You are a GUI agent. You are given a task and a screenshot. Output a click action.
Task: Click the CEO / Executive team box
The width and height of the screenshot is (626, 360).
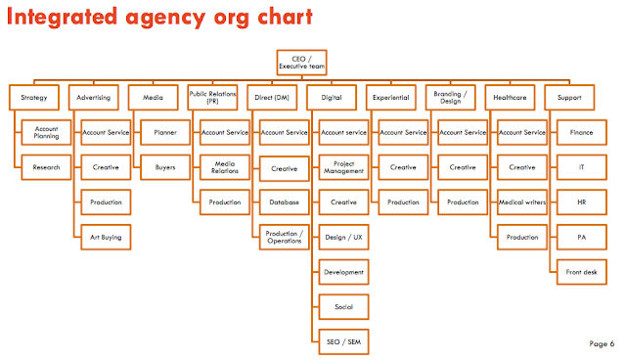[x=302, y=63]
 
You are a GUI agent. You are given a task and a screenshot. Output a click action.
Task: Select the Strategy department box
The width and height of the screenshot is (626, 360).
[x=34, y=98]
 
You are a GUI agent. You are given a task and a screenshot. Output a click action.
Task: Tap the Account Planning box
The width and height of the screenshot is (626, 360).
[x=46, y=132]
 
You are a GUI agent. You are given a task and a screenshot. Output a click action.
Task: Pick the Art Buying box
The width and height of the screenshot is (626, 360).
[x=106, y=237]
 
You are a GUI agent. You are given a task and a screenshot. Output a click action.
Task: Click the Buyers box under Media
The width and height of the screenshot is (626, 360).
[x=165, y=167]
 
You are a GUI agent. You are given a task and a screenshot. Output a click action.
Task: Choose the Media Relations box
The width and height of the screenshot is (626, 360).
[x=225, y=167]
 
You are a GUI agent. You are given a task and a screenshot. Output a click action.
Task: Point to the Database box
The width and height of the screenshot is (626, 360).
[x=285, y=202]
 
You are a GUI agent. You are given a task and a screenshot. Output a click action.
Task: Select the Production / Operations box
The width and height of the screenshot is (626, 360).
[x=285, y=237]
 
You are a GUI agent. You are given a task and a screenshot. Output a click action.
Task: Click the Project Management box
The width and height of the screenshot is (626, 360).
[x=343, y=167]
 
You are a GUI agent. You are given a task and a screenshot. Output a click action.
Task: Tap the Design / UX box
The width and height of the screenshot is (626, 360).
[x=343, y=237]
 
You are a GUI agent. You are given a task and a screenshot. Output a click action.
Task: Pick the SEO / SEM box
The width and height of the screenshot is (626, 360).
[x=343, y=342]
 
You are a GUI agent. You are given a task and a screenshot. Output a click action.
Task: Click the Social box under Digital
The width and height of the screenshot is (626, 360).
[x=343, y=307]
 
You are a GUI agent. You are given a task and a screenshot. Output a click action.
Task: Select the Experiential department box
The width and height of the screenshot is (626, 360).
[x=391, y=98]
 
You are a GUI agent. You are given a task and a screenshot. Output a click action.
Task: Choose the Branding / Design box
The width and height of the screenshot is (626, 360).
[x=450, y=98]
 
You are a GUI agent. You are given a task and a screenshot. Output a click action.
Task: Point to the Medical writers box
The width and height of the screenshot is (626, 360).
[x=522, y=202]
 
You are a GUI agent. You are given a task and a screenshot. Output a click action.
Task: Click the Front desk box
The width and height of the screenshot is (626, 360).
[x=582, y=272]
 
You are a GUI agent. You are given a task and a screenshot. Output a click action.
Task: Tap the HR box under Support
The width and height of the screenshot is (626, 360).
[x=582, y=202]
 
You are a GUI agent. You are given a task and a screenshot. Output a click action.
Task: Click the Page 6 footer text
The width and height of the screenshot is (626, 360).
[x=602, y=343]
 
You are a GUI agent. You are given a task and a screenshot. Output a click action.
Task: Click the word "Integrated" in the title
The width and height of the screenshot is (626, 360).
[x=62, y=18]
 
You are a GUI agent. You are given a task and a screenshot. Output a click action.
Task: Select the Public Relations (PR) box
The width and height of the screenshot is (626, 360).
[x=212, y=98]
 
